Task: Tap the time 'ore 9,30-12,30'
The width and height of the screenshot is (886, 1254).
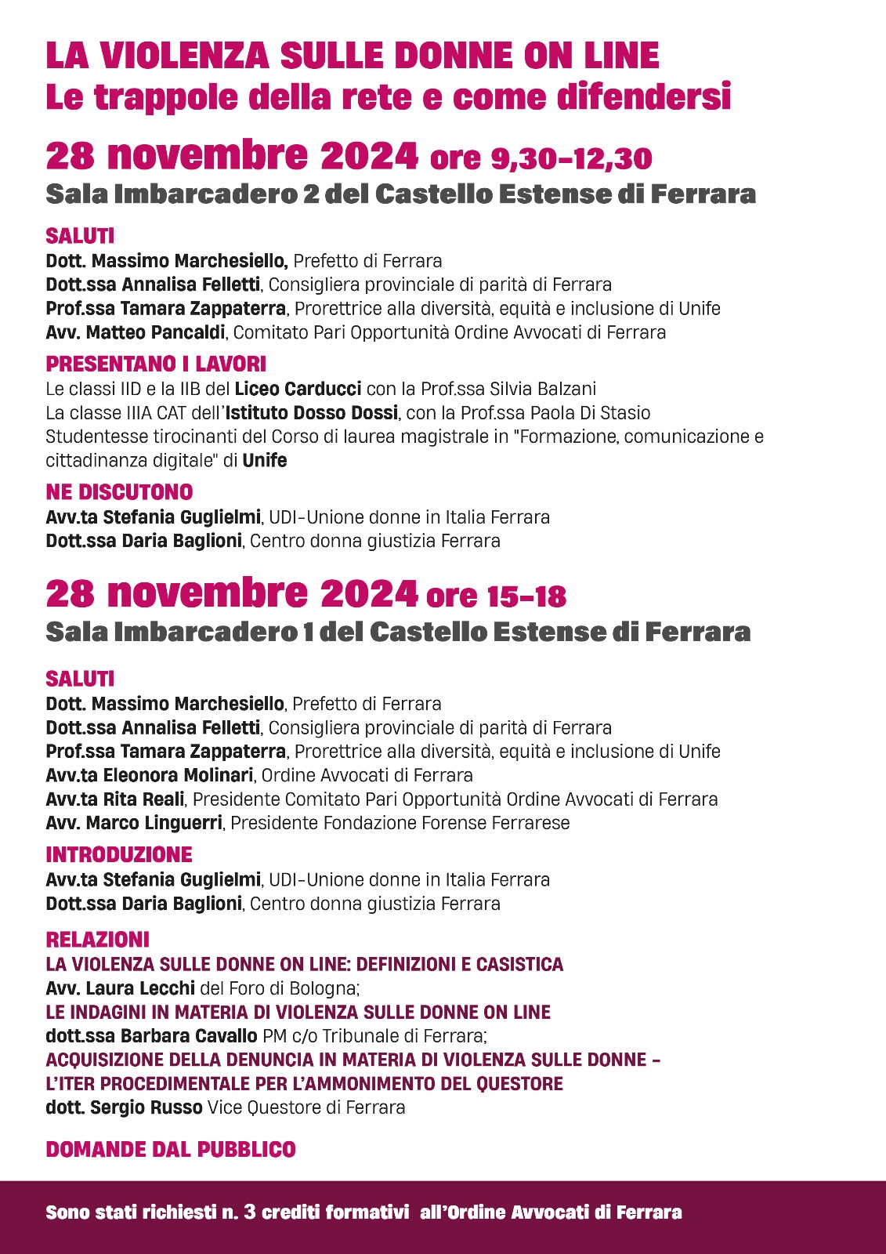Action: click(541, 158)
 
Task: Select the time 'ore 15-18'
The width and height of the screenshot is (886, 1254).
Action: click(496, 596)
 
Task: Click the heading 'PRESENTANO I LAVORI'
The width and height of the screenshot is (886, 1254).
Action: click(156, 364)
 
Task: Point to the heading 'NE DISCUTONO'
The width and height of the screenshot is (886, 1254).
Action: click(119, 492)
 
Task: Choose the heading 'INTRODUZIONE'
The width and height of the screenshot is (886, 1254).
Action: click(119, 854)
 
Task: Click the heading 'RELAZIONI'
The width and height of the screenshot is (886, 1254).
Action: click(97, 940)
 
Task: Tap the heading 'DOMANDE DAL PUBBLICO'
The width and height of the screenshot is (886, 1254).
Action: click(171, 1150)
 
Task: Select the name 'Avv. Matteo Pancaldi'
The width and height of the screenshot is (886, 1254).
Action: click(136, 332)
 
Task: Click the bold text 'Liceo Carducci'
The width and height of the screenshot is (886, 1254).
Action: click(298, 389)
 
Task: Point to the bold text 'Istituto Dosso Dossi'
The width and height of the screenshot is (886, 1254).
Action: click(312, 413)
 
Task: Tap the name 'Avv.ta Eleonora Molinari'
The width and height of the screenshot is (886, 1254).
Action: click(150, 775)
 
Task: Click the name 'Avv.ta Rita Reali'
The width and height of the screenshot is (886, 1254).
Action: click(115, 799)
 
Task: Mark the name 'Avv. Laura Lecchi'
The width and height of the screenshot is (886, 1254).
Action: click(120, 988)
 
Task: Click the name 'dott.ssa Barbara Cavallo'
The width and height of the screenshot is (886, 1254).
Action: click(151, 1036)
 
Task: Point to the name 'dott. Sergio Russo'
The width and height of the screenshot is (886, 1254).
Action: click(124, 1107)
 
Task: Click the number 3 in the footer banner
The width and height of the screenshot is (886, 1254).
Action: click(249, 1212)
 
